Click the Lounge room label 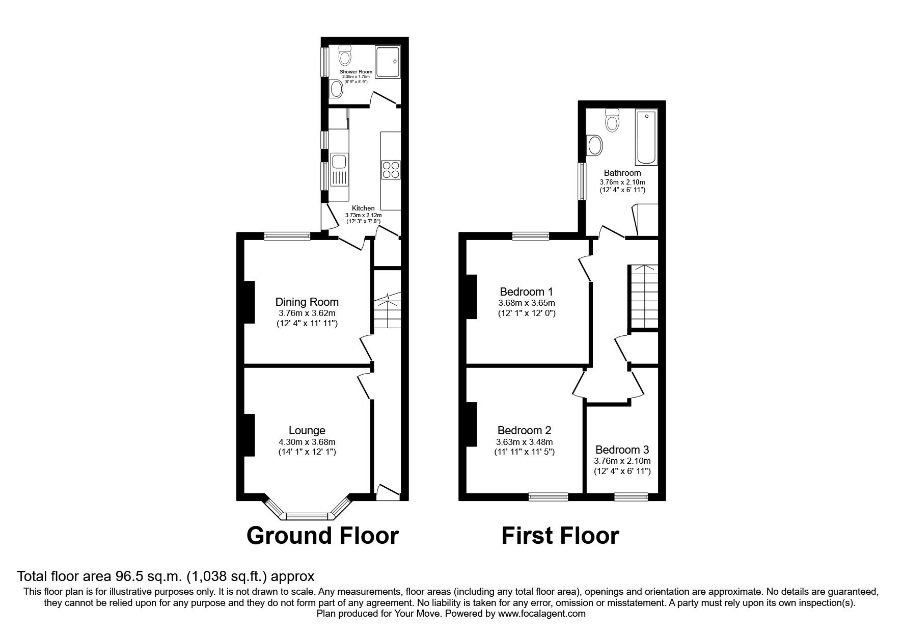pos(307,431)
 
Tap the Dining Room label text pos(307,302)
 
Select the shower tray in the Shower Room pos(388,61)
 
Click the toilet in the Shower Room pos(345,55)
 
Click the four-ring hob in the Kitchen pos(391,169)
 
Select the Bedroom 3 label pos(622,450)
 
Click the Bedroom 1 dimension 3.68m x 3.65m pos(526,303)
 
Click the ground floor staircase pos(387,312)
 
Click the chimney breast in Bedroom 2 pos(471,424)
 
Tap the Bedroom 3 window pos(631,496)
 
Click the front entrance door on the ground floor pos(388,492)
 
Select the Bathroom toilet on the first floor pos(611,120)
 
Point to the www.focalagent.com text pos(541,614)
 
